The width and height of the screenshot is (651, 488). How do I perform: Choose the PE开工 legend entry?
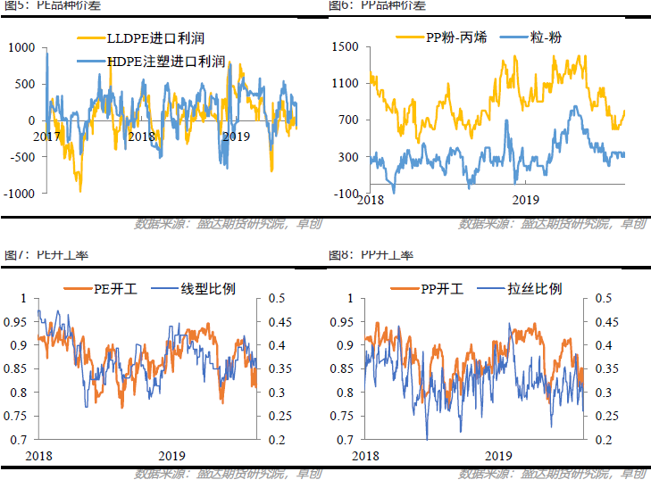pos(113,288)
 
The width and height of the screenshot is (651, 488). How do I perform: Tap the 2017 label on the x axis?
pos(47,136)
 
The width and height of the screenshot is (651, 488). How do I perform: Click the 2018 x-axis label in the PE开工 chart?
pos(39,455)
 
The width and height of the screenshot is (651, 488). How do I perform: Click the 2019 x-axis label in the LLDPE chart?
pos(235,136)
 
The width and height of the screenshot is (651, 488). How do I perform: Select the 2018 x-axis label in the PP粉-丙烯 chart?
pos(371,201)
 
